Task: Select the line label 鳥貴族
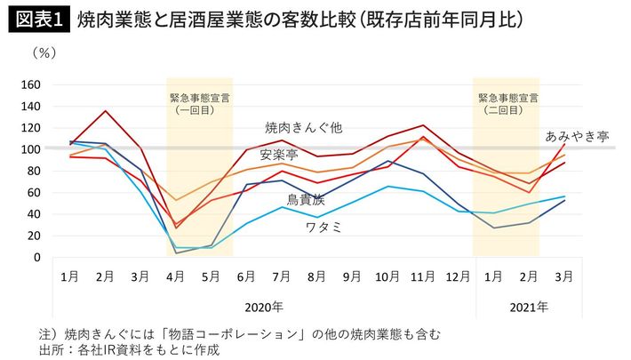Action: tap(306, 201)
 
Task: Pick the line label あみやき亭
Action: tap(578, 136)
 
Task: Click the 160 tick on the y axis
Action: tap(31, 85)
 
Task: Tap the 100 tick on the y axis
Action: tap(31, 149)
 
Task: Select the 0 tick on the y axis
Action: tap(37, 258)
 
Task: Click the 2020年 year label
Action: tap(263, 307)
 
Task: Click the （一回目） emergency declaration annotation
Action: tap(198, 111)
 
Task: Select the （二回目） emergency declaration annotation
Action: tap(507, 111)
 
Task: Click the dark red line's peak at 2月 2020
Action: tap(107, 111)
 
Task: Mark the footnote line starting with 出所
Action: tap(143, 350)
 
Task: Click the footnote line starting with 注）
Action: tap(222, 333)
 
